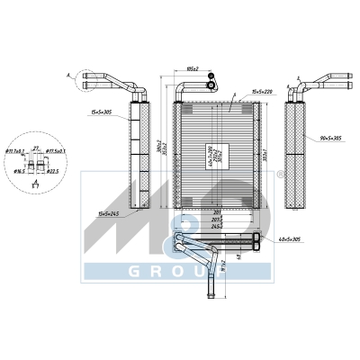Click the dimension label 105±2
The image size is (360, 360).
(190, 67)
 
